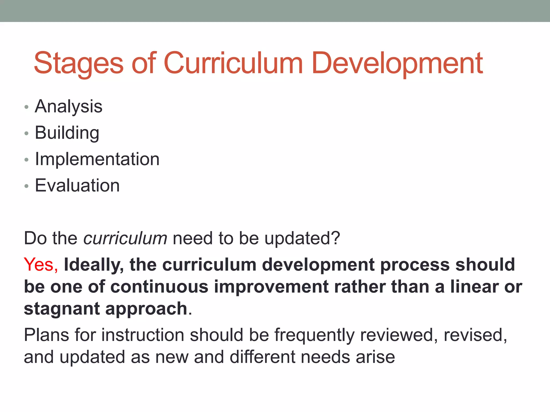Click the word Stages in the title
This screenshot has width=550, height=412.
click(x=78, y=63)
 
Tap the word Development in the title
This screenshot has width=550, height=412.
click(x=397, y=63)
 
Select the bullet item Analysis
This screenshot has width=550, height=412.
click(x=68, y=107)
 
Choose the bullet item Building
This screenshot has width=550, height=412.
click(x=67, y=133)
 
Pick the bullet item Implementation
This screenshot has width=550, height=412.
click(x=97, y=159)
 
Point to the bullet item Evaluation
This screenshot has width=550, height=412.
click(x=77, y=185)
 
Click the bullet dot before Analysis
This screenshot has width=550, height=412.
click(x=26, y=107)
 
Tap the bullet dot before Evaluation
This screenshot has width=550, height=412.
click(x=26, y=186)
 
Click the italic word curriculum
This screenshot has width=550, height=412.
click(x=125, y=238)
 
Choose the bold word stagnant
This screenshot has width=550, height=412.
click(x=62, y=309)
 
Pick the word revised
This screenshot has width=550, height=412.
click(x=475, y=335)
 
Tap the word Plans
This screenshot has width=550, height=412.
click(x=46, y=335)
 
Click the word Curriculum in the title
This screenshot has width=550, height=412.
click(x=233, y=63)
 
